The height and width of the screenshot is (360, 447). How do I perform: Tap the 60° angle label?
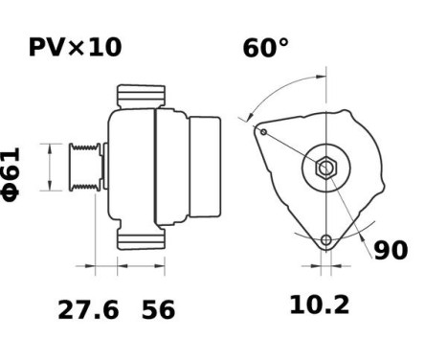(266, 47)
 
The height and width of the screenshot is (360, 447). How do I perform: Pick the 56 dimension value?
(159, 309)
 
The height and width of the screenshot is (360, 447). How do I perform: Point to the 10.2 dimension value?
(320, 305)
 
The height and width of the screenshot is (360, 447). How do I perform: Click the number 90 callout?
(390, 251)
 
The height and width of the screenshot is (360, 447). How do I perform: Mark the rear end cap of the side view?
(208, 166)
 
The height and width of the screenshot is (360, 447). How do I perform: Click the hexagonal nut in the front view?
(325, 169)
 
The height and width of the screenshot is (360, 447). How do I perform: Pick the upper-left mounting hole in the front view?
(262, 131)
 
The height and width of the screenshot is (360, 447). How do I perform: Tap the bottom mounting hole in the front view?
(326, 240)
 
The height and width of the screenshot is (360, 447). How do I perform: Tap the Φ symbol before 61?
(11, 191)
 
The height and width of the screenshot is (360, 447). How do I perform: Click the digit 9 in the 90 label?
(381, 251)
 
